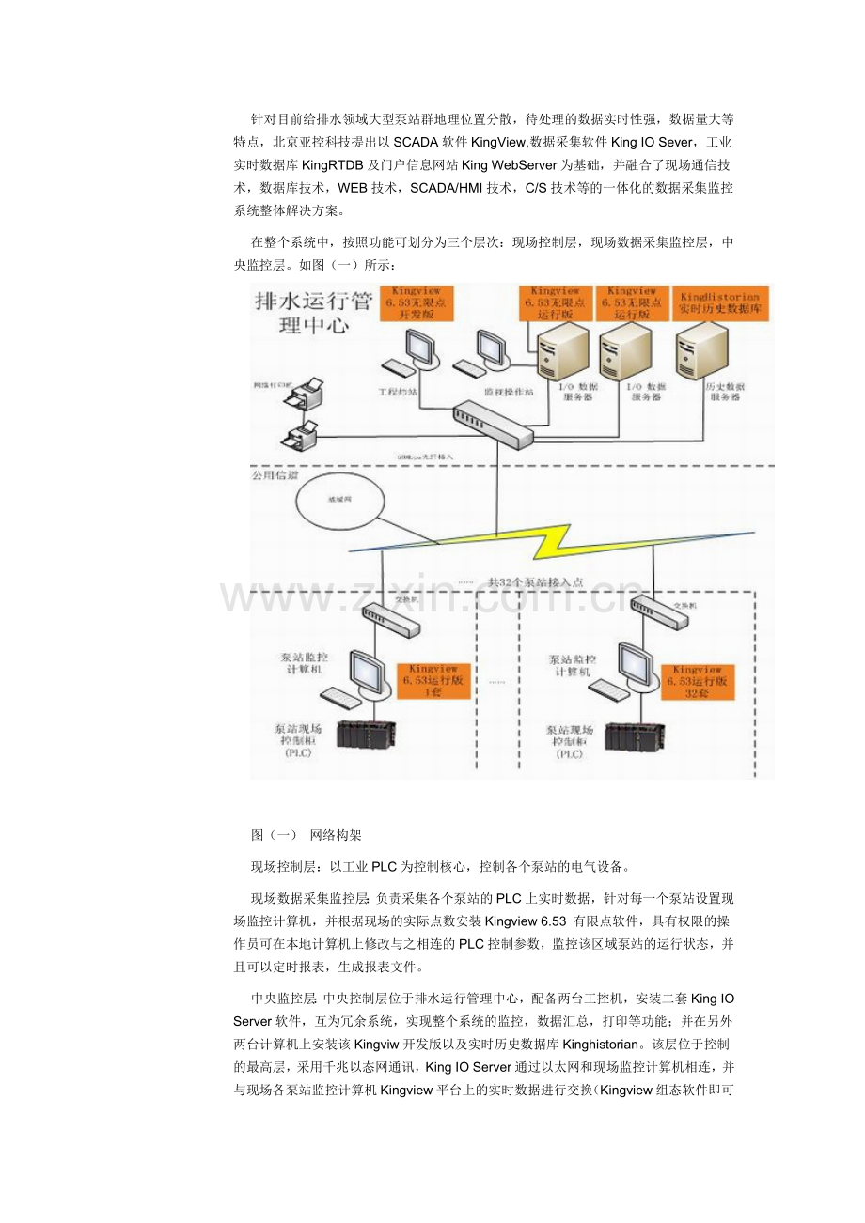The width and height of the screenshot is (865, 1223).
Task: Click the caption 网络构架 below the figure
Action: (336, 834)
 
